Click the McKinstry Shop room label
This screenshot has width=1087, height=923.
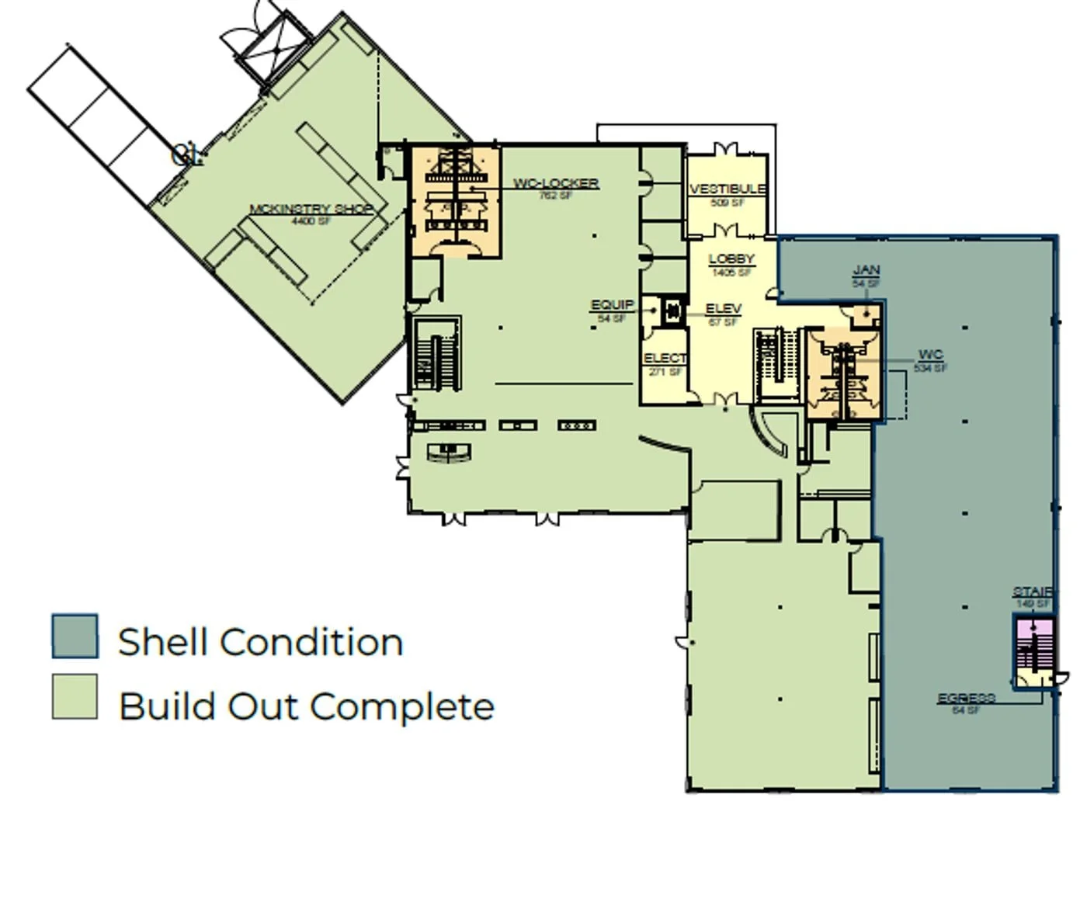click(x=311, y=209)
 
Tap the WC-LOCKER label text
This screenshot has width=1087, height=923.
click(x=556, y=183)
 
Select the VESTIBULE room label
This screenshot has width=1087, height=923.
click(x=728, y=189)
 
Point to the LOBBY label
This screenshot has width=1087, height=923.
click(x=731, y=259)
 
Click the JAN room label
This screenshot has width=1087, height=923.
click(x=866, y=270)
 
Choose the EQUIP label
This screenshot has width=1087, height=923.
click(x=612, y=305)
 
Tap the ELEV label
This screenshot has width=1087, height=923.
click(x=723, y=308)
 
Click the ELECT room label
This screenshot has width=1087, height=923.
click(x=665, y=358)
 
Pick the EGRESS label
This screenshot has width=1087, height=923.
click(x=966, y=698)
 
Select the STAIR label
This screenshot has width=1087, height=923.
click(x=1033, y=592)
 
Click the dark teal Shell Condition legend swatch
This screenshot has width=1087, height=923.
click(x=75, y=637)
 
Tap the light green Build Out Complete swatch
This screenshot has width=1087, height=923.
click(x=75, y=696)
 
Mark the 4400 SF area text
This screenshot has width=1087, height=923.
click(x=311, y=221)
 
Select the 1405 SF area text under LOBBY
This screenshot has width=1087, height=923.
click(x=731, y=272)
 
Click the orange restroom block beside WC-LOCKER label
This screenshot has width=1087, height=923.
click(x=454, y=201)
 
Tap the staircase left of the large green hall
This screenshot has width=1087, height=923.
click(x=436, y=353)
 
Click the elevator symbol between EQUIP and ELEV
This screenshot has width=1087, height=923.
click(x=672, y=311)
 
